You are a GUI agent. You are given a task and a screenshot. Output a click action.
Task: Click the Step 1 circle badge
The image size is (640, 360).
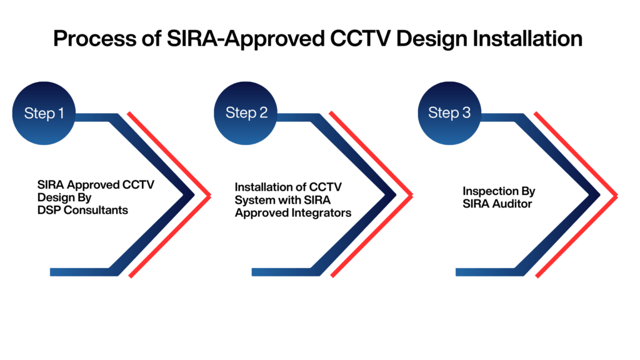[x=44, y=113]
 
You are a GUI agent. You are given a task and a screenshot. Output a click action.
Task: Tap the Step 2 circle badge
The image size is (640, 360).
[x=246, y=113]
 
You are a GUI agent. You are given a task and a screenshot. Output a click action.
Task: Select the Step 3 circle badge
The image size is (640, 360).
[x=449, y=113]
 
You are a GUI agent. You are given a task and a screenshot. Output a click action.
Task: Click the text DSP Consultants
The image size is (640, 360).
[x=82, y=211]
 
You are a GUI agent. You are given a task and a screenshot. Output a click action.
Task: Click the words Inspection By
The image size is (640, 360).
[x=499, y=191]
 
